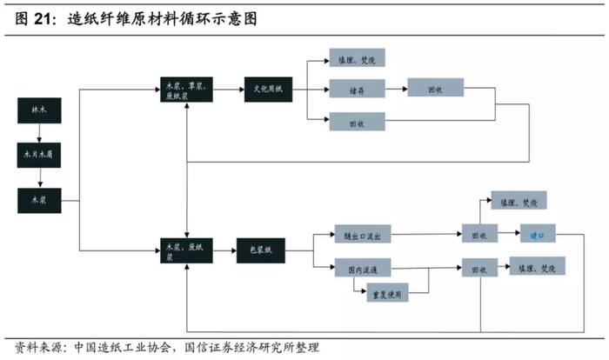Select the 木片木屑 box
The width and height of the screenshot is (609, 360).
tap(39, 156)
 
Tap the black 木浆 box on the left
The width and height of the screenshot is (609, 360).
tap(39, 199)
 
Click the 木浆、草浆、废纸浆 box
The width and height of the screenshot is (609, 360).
tap(187, 89)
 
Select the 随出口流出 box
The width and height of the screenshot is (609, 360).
tap(365, 235)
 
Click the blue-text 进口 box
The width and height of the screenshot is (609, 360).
tap(537, 234)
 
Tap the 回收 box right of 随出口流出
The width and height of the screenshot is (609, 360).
tap(479, 235)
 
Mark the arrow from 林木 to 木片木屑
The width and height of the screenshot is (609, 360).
tap(39, 134)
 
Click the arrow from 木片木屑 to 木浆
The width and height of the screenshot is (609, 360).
tap(39, 177)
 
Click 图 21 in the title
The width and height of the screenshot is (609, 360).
tap(35, 18)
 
